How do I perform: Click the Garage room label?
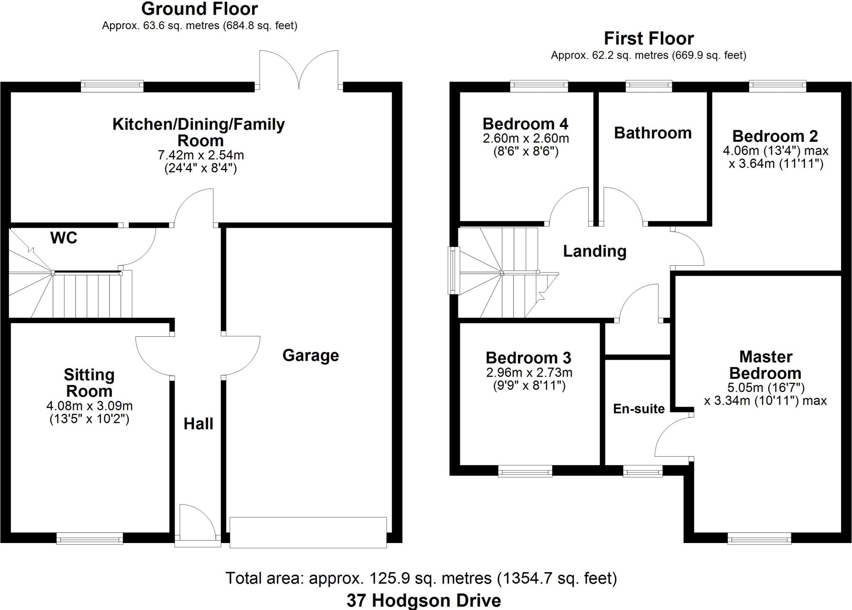[310, 356]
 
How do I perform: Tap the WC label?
[64, 238]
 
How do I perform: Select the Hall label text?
[198, 424]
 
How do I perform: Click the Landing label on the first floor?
[594, 251]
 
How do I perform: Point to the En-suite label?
[639, 409]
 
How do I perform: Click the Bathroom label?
[652, 133]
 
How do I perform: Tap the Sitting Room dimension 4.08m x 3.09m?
[89, 405]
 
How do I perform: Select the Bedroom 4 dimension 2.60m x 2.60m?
[526, 138]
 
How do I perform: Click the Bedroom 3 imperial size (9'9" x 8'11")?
[529, 386]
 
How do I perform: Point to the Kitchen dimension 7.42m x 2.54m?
[201, 155]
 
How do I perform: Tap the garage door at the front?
[308, 532]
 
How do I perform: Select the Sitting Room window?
[89, 538]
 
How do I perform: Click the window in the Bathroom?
[649, 86]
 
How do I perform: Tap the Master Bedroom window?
[759, 539]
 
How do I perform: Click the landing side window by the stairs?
[453, 270]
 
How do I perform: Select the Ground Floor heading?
[199, 9]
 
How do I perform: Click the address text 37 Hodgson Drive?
[424, 600]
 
